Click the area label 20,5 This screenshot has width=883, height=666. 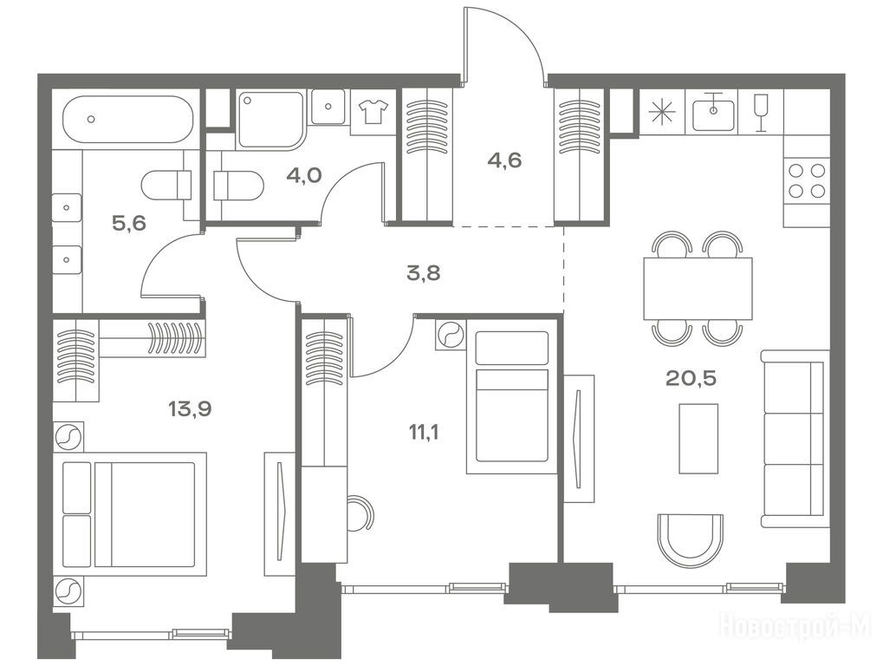691,378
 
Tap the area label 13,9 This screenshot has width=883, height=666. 191,408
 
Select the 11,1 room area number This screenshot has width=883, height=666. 424,434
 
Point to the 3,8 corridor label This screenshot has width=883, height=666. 424,274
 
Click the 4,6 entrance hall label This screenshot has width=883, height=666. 504,160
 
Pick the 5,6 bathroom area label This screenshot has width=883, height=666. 129,224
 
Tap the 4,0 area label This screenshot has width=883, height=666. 303,175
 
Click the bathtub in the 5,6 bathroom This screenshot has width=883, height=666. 127,120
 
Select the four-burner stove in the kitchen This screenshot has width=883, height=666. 807,180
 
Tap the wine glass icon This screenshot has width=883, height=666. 761,112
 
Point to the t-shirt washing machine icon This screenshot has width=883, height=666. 374,111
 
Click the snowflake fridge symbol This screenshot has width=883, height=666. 662,112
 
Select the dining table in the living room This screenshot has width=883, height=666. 698,289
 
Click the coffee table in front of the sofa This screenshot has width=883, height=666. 698,439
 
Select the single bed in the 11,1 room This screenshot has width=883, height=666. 512,396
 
